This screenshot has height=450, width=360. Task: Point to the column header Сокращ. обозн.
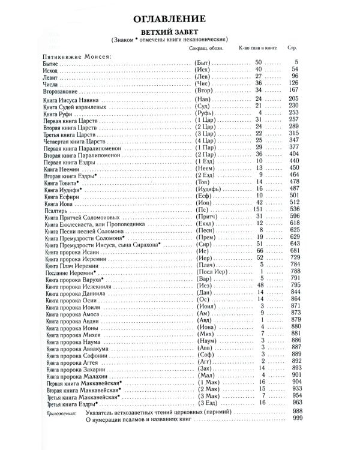coord(206,47)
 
